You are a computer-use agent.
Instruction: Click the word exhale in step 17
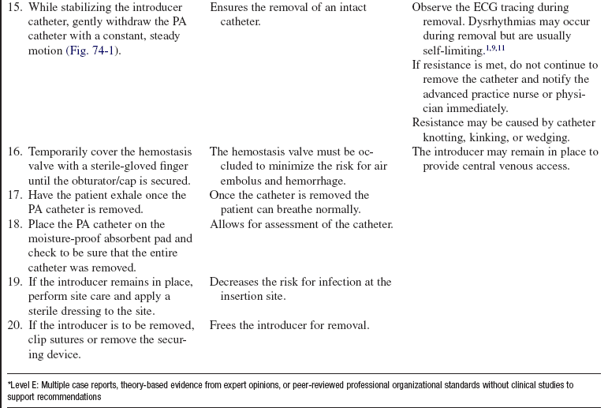point(125,196)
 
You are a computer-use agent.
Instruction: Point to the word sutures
point(68,340)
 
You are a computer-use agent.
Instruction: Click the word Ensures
point(230,8)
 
